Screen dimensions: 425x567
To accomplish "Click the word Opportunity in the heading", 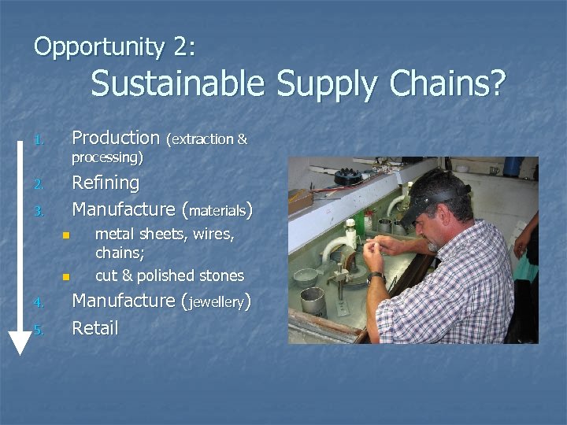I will [x=98, y=46].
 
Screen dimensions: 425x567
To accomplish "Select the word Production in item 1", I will [x=115, y=138].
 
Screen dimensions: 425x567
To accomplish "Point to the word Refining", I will [x=106, y=183].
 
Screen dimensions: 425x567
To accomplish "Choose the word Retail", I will [x=94, y=328].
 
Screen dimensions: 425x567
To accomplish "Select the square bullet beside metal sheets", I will [x=67, y=235].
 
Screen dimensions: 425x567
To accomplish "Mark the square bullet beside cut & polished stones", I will [x=67, y=277].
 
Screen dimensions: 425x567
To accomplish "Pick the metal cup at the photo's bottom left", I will [x=313, y=301].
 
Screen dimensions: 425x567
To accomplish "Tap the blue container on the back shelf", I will [x=513, y=165].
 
